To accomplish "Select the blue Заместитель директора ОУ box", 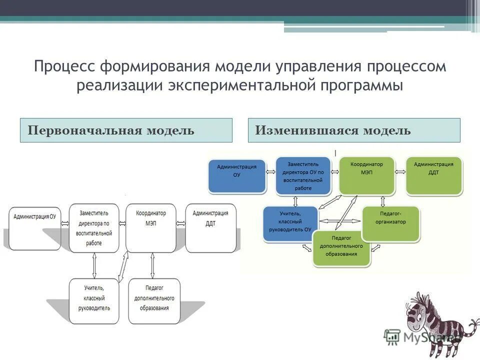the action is click(x=303, y=175).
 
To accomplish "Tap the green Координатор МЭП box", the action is click(x=366, y=175).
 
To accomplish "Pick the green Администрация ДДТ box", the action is click(x=434, y=175).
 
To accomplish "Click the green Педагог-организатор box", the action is click(x=390, y=223).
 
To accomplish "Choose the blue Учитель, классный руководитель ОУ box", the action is click(x=290, y=223).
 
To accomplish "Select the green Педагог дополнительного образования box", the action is click(x=341, y=248).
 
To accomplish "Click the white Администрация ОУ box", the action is click(x=34, y=228).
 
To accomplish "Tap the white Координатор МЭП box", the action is click(x=151, y=227).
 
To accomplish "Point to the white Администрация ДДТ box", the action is click(x=210, y=227).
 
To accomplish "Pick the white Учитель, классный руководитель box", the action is click(x=94, y=301).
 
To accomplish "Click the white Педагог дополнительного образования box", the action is click(x=154, y=301).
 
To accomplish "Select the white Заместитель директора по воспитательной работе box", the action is click(x=94, y=227).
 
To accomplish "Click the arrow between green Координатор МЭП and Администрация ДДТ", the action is click(x=400, y=171).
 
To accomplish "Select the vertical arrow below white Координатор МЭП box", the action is click(x=152, y=265).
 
